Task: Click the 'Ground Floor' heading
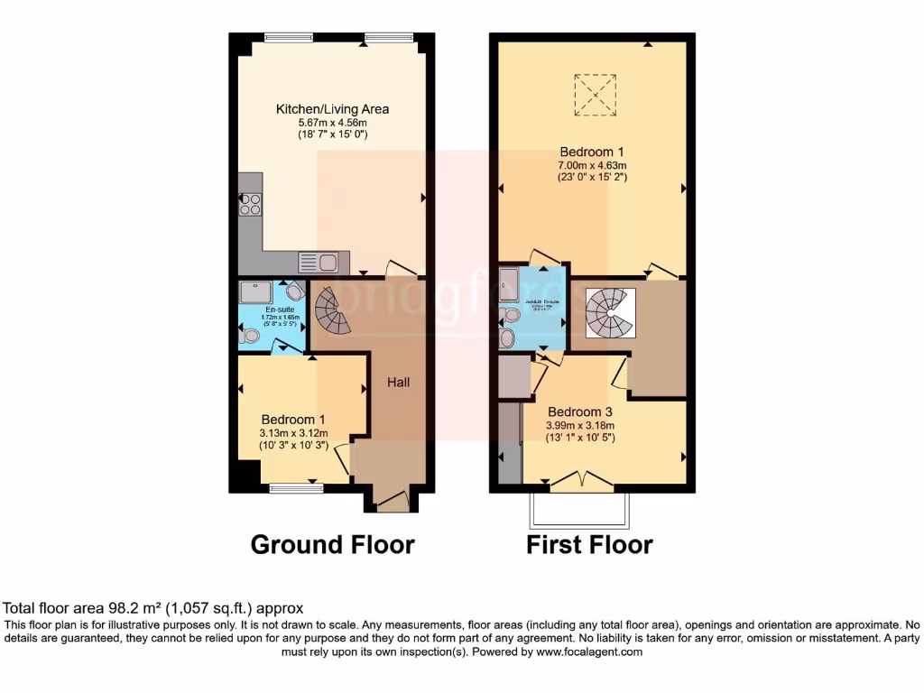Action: coord(332,545)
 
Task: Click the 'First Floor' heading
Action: coord(589,545)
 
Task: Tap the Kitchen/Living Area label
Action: coord(332,109)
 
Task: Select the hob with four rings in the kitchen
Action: coord(250,205)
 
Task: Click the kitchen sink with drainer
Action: coord(319,262)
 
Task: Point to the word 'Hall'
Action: coord(399,383)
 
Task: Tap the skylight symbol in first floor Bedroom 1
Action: coord(595,95)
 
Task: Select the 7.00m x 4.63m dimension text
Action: coord(592,165)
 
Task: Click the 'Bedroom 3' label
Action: coord(579,412)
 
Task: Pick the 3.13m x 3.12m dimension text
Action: coord(294,433)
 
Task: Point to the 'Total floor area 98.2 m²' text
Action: coord(153,608)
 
